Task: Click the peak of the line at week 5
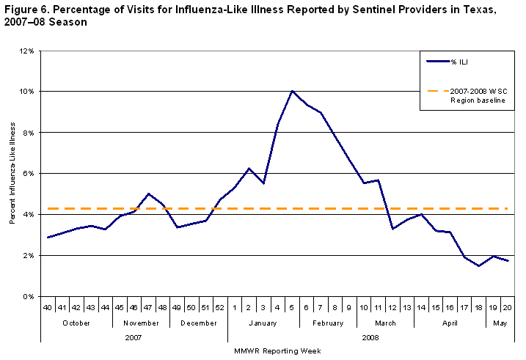(293, 91)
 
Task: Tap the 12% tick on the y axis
(26, 51)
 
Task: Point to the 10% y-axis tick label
(26, 92)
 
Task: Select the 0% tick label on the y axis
(28, 296)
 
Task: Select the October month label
(76, 322)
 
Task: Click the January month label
(263, 322)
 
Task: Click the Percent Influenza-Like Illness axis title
(12, 175)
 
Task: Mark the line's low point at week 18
(478, 266)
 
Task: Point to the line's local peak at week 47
(149, 194)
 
